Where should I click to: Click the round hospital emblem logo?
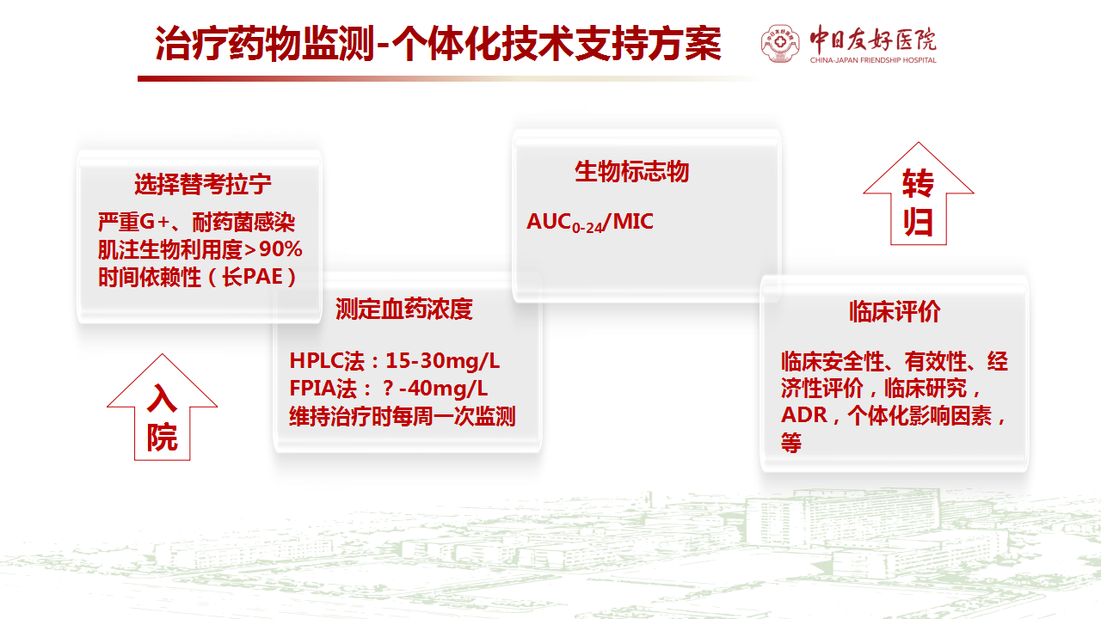coord(780,43)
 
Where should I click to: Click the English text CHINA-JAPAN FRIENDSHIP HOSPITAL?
coord(873,60)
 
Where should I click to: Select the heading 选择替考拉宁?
coord(202,184)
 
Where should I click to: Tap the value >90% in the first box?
coord(273,249)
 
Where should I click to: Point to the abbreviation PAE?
coord(263,277)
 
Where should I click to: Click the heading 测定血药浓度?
coord(404,309)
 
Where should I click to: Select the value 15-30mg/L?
coord(442,361)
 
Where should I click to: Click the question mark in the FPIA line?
coord(388,389)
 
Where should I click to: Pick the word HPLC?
coord(316,361)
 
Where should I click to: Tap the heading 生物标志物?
coord(632,171)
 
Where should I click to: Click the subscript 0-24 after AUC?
coord(587,228)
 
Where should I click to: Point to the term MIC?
coord(633,222)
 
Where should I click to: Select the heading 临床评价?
coord(895,311)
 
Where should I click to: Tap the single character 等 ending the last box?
coord(791,443)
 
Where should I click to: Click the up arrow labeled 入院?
coord(163,407)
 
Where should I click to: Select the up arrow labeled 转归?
coord(918,193)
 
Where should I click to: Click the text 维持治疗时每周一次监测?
coord(402,416)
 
